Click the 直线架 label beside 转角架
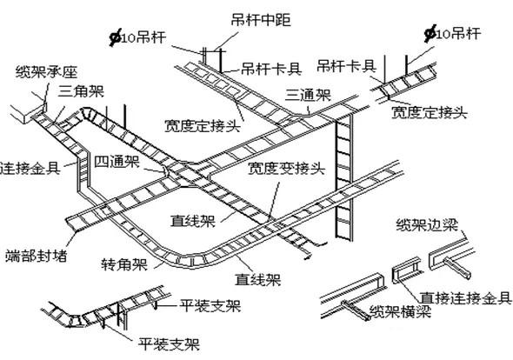(256, 280)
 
